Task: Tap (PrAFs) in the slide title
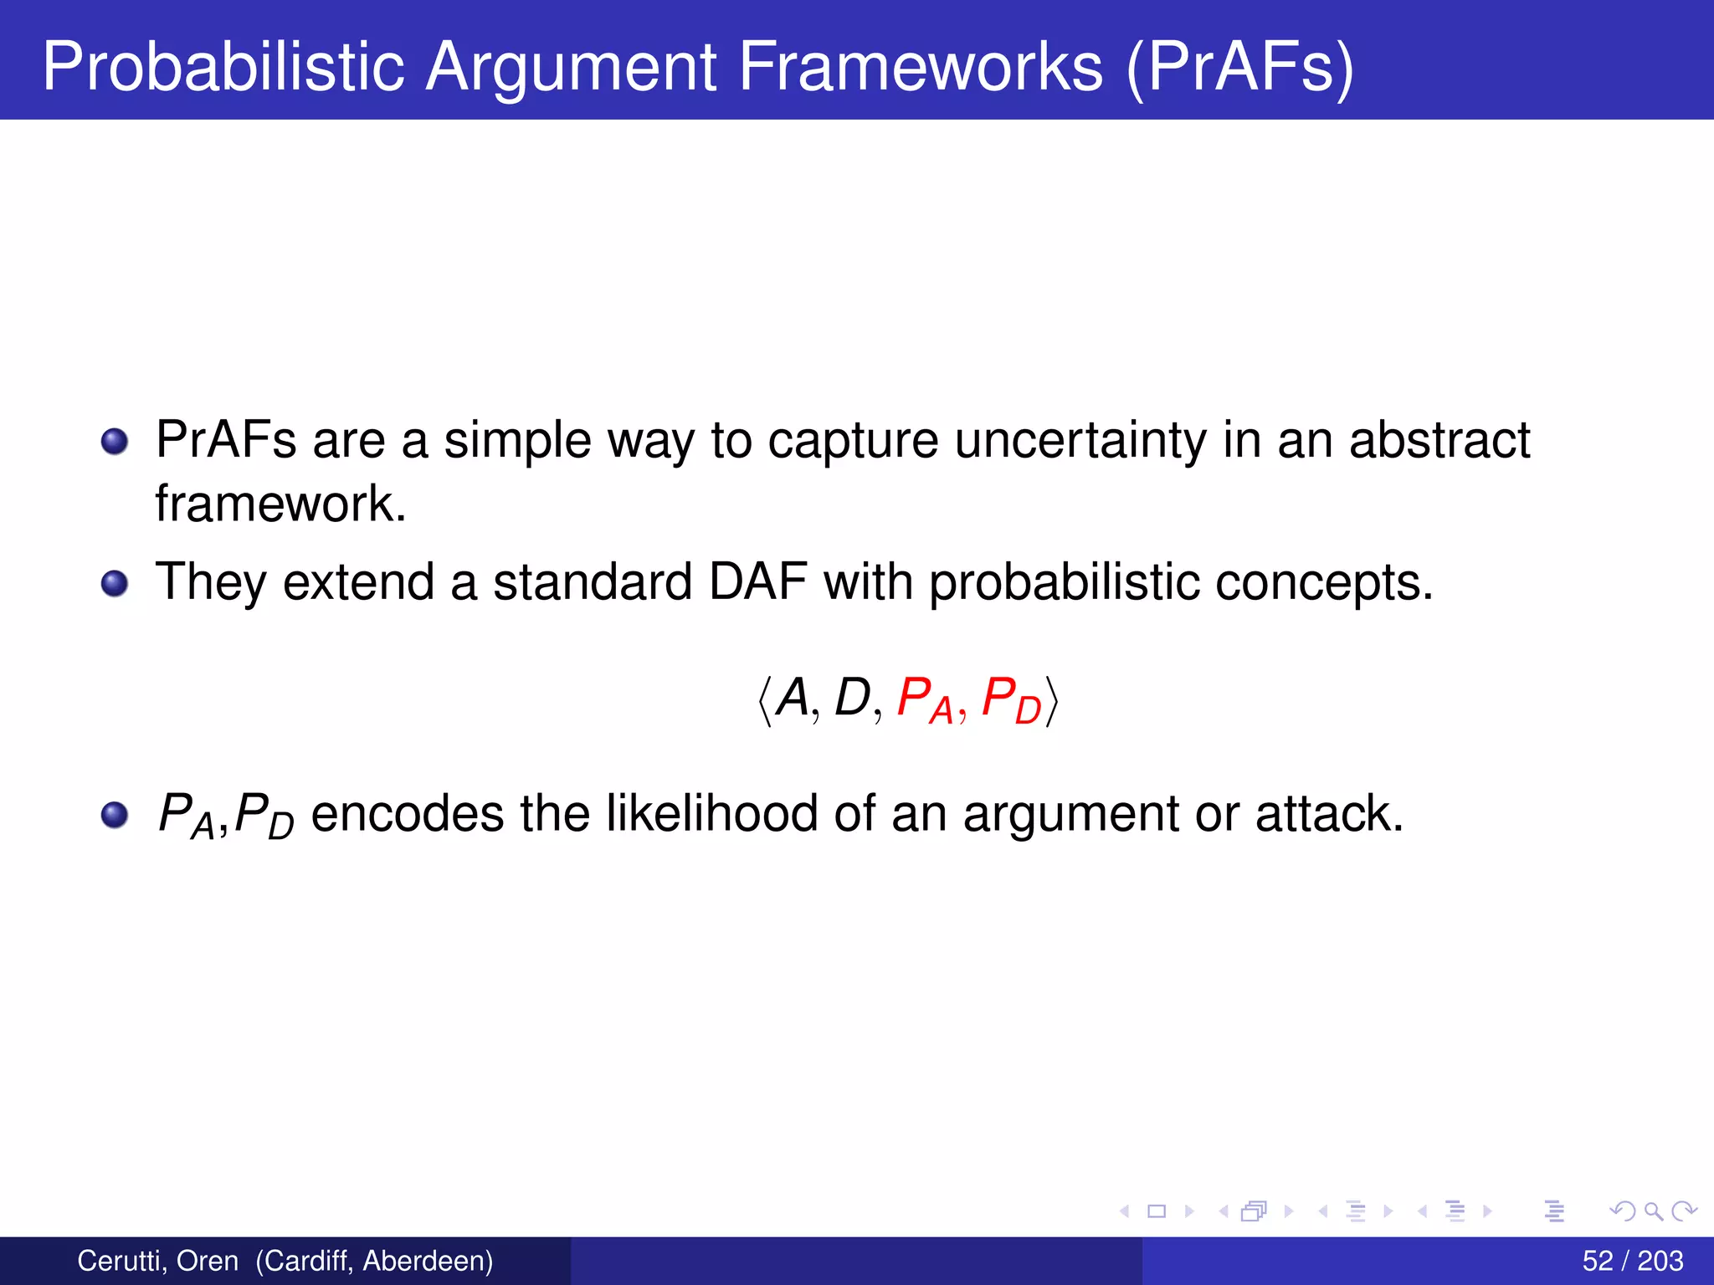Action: pos(1239,67)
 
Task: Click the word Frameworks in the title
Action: pos(920,67)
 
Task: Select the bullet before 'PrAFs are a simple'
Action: pos(115,441)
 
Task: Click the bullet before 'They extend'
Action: pos(115,583)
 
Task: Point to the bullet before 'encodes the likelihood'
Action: pos(115,814)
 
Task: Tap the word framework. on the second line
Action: pos(280,504)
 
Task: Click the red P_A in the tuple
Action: pos(924,700)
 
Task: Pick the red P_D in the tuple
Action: pos(1010,700)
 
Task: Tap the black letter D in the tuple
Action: pos(852,697)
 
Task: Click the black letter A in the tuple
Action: pos(792,697)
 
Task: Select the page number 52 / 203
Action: pos(1632,1261)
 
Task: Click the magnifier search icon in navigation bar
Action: pos(1653,1211)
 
